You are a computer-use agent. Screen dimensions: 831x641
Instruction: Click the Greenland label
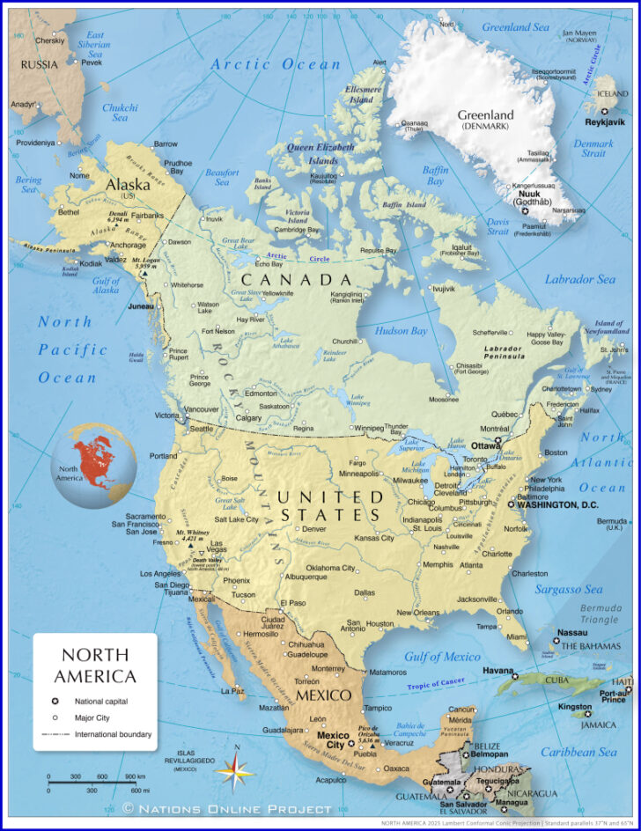point(485,115)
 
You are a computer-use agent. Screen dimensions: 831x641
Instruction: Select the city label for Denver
point(314,529)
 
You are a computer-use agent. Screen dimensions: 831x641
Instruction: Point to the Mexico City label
point(332,739)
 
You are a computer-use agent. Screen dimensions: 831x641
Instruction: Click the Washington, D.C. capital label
point(557,505)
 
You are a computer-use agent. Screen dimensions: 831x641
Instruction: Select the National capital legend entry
point(101,702)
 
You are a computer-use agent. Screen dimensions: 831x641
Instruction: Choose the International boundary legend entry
point(113,733)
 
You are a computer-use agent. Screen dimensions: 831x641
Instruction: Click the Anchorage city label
point(129,245)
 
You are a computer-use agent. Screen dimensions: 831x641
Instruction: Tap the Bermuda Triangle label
point(599,614)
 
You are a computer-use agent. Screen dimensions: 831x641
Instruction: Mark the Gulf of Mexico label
point(442,657)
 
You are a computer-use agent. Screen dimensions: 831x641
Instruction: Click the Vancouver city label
point(203,409)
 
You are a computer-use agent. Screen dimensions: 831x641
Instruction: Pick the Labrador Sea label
point(580,279)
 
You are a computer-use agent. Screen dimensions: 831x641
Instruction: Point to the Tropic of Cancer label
point(436,684)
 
